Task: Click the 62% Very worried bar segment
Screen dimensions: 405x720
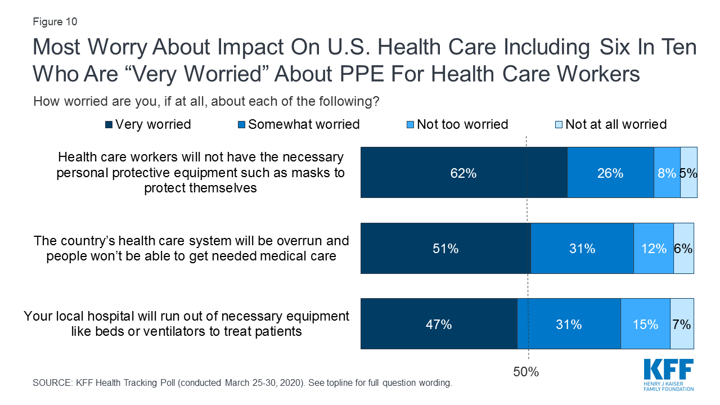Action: tap(463, 173)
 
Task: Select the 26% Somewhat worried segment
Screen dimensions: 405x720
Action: tap(610, 173)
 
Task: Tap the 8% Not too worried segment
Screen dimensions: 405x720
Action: tap(667, 173)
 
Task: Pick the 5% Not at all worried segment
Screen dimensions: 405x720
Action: tap(689, 173)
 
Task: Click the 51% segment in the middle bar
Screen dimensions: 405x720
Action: tap(445, 248)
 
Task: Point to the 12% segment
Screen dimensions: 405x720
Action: tap(654, 248)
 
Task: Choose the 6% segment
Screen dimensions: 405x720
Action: tap(683, 248)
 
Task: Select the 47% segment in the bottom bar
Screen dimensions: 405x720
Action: tap(439, 324)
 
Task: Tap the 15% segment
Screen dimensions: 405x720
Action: tap(645, 324)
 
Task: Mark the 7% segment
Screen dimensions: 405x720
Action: tap(682, 324)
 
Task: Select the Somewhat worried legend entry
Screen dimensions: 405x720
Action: tap(299, 124)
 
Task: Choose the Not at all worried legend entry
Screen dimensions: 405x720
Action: tap(610, 124)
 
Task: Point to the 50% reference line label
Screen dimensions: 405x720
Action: tap(526, 372)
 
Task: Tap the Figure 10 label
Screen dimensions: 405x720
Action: tap(55, 22)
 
